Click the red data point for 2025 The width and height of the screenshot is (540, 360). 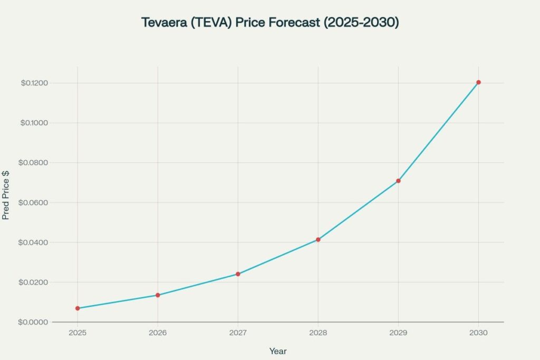(78, 308)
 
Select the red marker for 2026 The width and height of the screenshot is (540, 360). (158, 295)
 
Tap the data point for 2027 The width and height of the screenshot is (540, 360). (238, 274)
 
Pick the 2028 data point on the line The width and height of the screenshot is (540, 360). (318, 240)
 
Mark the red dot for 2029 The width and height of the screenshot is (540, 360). (398, 181)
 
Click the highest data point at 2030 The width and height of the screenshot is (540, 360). (478, 82)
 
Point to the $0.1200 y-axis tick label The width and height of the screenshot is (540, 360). (34, 83)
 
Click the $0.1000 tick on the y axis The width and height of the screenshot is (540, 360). (34, 123)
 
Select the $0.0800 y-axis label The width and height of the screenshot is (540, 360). (34, 163)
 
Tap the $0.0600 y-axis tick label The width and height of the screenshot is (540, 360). (34, 203)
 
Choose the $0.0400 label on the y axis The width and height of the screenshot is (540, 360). (34, 242)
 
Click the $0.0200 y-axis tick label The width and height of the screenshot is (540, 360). (34, 283)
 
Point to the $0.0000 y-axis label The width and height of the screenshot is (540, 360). (34, 322)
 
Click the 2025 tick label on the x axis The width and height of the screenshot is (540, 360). (78, 334)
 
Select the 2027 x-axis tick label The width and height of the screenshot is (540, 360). (238, 334)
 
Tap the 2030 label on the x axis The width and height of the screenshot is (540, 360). (478, 334)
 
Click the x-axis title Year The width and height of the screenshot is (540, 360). (278, 351)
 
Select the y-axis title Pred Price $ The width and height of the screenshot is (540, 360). (6, 195)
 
